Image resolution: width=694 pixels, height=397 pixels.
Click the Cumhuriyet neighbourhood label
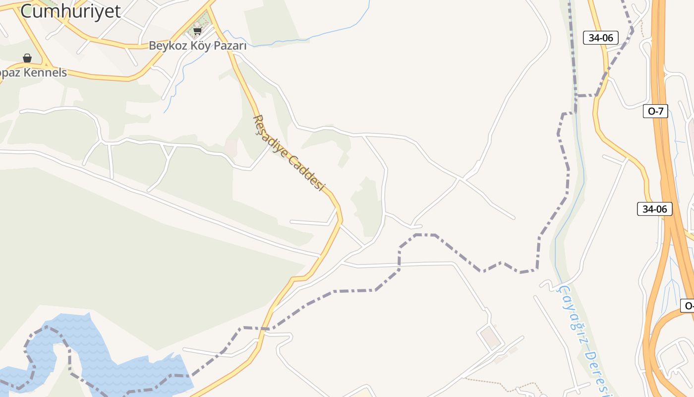tap(70, 11)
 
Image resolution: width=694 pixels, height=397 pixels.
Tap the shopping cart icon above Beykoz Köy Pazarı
tap(197, 31)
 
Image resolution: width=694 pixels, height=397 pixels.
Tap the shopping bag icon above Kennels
tap(27, 58)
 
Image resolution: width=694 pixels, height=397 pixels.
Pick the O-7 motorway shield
tap(655, 111)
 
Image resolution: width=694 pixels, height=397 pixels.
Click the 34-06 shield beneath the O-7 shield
tap(654, 209)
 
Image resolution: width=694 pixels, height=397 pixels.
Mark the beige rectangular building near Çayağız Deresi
tap(491, 337)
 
